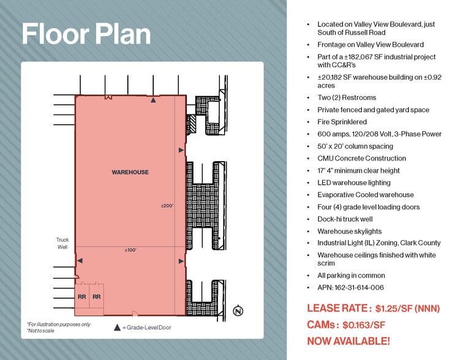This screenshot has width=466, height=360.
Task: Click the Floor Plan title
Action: (x=86, y=35)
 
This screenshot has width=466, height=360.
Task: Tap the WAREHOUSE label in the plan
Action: (x=130, y=172)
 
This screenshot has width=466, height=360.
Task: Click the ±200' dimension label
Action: (x=168, y=206)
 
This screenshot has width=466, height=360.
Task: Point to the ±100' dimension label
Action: (x=130, y=250)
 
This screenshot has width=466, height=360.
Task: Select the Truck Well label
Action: (x=62, y=243)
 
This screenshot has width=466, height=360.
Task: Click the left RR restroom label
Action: (x=81, y=297)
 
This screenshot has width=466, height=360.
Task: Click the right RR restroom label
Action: (x=96, y=297)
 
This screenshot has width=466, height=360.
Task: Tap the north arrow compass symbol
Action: (x=238, y=311)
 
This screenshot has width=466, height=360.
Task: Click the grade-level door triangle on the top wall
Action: (x=154, y=99)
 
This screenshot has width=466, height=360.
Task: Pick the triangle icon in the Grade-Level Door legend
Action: (x=117, y=328)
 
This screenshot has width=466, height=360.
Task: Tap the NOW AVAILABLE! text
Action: (x=348, y=341)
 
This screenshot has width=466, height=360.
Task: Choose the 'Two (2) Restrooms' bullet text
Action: (x=347, y=97)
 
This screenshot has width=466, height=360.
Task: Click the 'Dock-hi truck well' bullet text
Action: (x=345, y=219)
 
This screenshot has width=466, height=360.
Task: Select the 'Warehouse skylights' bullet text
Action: (x=349, y=231)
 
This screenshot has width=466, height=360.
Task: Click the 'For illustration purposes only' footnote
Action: (x=58, y=324)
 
